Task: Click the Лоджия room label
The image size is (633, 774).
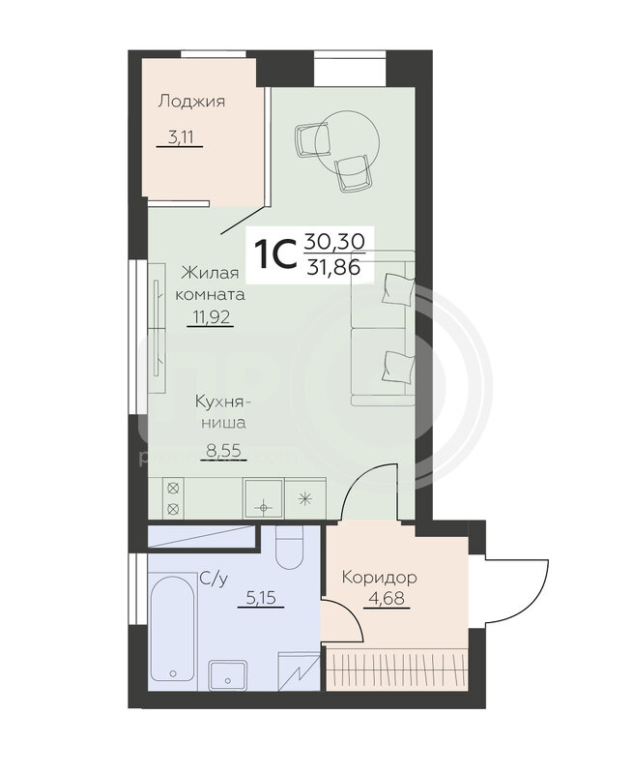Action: [191, 103]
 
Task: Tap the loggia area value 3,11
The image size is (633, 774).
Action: [180, 136]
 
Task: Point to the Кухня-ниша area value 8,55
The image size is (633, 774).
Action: [223, 450]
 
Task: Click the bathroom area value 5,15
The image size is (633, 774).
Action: [260, 598]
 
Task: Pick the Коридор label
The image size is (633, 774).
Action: [379, 577]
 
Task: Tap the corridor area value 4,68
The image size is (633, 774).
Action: [387, 599]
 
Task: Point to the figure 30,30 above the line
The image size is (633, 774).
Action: [334, 241]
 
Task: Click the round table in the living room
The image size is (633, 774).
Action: [348, 139]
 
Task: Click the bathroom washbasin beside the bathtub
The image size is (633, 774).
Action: [227, 674]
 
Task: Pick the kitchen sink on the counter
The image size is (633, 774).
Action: [264, 498]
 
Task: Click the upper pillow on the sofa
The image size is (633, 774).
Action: [398, 289]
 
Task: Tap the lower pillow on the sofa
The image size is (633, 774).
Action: [398, 366]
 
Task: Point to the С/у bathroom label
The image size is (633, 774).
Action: [214, 579]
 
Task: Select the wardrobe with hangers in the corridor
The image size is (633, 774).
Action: [396, 668]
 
